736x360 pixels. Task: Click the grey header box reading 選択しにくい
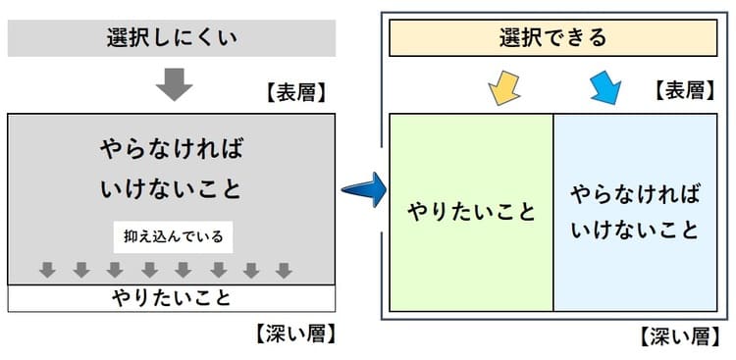(172, 39)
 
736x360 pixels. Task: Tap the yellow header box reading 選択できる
(553, 39)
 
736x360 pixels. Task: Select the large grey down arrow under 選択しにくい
(174, 85)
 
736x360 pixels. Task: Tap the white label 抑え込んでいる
(173, 236)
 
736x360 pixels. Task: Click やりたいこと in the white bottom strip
(172, 296)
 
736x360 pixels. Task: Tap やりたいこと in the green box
(472, 211)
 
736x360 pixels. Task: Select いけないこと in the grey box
(172, 188)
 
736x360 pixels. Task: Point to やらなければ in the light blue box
(635, 192)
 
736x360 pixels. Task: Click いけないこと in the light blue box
(635, 231)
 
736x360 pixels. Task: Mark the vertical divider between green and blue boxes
(553, 212)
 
